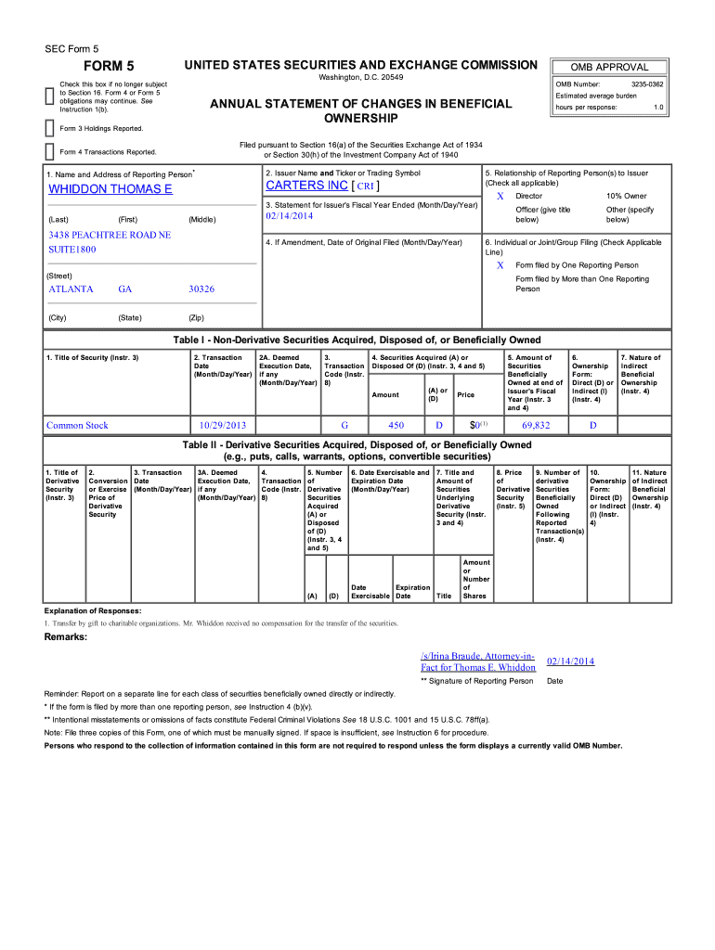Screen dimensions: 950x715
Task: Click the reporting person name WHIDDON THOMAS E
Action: (x=110, y=189)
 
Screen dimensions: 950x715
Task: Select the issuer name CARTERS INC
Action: (x=306, y=186)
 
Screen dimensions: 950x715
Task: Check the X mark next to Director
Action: (x=500, y=197)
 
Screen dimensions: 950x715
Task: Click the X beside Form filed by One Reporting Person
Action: (x=500, y=265)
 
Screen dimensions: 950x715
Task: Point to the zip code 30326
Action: (x=201, y=289)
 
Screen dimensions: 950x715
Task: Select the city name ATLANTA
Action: (x=71, y=289)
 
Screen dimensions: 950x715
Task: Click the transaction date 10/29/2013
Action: (x=223, y=426)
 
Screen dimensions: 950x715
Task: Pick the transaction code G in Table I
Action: (x=344, y=426)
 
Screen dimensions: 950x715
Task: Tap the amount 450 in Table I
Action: (x=396, y=426)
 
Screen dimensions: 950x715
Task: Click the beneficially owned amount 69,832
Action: (x=536, y=426)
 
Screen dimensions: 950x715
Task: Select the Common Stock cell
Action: (x=77, y=426)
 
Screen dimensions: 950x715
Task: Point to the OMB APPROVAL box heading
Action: (x=609, y=67)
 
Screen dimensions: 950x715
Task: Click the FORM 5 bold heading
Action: (x=110, y=67)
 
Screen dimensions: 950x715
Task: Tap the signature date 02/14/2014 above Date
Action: (x=570, y=661)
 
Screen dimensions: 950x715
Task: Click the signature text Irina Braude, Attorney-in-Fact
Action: (x=478, y=661)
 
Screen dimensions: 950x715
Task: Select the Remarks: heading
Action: (x=66, y=637)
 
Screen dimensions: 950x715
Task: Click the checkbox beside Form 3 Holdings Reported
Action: (x=50, y=127)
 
